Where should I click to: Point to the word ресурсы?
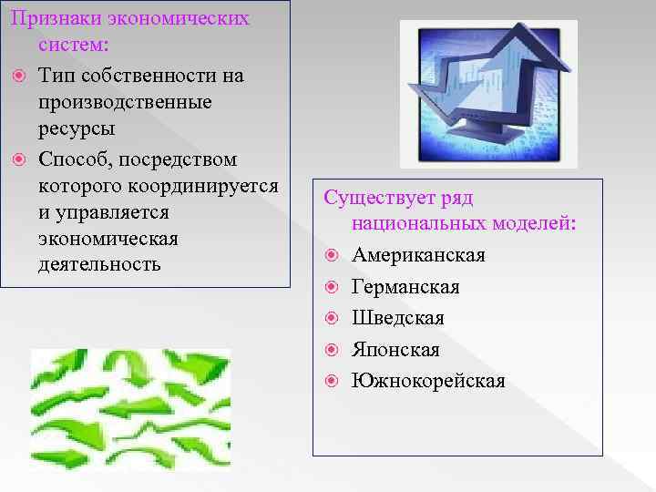pos(77,128)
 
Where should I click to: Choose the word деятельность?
pos(99,264)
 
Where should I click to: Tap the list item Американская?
pos(418,255)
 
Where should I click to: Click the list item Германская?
pos(405,287)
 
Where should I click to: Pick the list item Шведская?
pos(398,318)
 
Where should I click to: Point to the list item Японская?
pos(395,350)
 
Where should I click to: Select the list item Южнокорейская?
pos(428,381)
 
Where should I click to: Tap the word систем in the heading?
pos(72,44)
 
